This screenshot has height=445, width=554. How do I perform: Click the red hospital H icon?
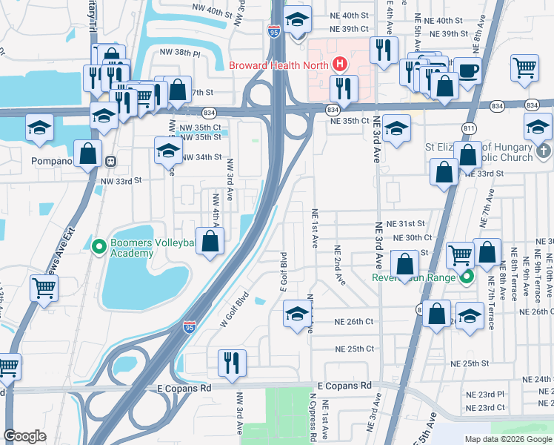pyautogui.click(x=340, y=65)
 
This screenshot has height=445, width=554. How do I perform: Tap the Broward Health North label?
pyautogui.click(x=278, y=65)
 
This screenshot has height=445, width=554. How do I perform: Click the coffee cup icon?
pyautogui.click(x=467, y=71)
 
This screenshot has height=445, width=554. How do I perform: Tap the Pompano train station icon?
pyautogui.click(x=110, y=161)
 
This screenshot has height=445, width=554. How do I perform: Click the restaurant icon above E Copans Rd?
pyautogui.click(x=232, y=363)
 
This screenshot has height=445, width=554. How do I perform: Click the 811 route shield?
pyautogui.click(x=469, y=129)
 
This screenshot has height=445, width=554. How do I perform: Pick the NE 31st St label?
pyautogui.click(x=409, y=223)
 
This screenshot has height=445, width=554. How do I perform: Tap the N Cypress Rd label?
pyautogui.click(x=313, y=419)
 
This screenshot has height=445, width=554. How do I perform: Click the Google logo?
pyautogui.click(x=24, y=436)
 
